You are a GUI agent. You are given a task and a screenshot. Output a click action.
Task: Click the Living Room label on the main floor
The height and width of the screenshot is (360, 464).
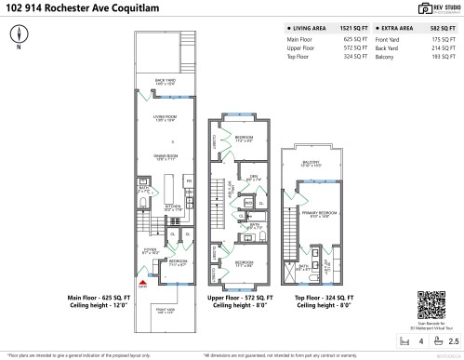click(x=166, y=117)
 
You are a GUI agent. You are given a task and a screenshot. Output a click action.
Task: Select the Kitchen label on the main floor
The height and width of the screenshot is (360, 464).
click(x=173, y=207)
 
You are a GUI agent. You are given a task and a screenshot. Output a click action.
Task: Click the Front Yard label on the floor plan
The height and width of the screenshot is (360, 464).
click(x=165, y=310)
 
